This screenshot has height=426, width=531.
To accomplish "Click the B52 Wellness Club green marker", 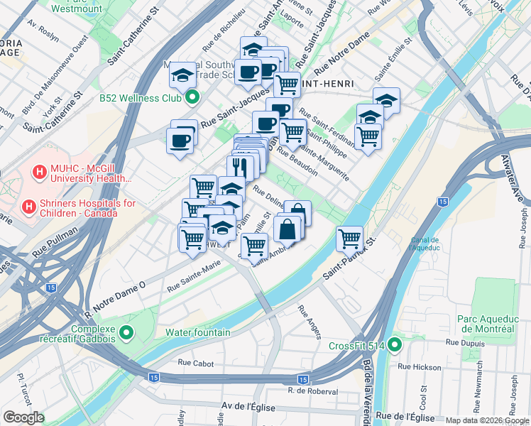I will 192,97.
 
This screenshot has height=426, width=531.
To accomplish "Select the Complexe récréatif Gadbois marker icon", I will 126,332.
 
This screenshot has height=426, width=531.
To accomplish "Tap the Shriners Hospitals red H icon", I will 28,207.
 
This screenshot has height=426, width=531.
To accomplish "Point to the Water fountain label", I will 197,332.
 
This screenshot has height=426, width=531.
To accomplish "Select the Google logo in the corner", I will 23,417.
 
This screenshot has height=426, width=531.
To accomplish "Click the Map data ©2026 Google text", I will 487,420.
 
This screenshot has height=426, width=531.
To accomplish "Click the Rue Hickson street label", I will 420,366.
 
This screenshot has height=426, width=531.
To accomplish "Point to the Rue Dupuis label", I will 462,342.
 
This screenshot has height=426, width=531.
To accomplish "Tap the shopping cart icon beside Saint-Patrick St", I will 350,239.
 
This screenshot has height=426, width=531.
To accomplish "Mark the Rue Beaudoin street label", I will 297,160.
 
